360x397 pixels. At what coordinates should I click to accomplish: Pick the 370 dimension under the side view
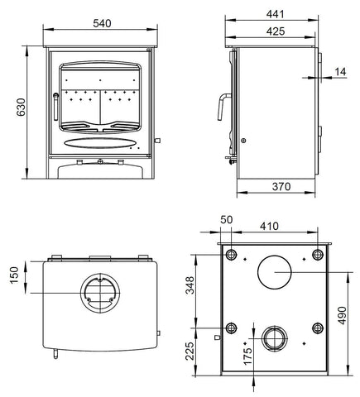[281, 188]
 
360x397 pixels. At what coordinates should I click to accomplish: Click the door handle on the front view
[55, 106]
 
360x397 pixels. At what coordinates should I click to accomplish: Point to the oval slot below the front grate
[100, 142]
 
